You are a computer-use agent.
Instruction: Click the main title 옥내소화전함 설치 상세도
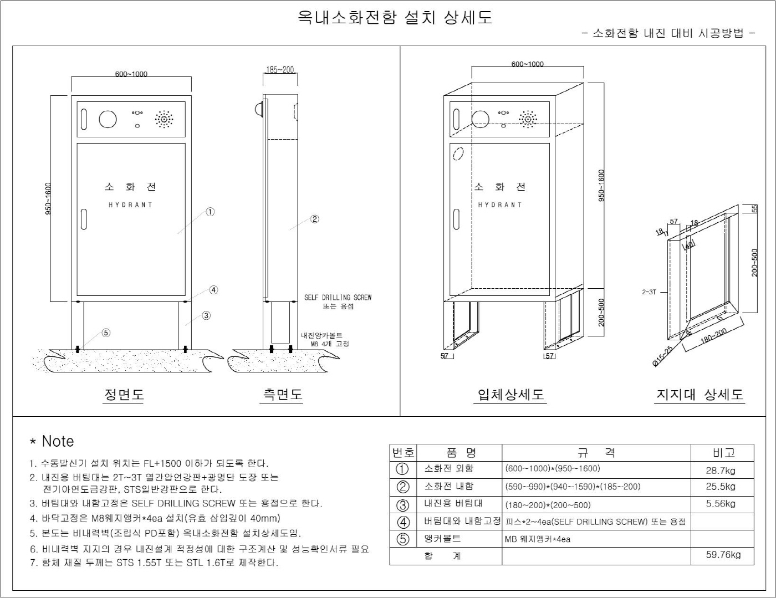click(x=395, y=17)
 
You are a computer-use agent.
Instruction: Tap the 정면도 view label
click(x=124, y=394)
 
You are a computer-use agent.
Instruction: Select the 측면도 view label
click(x=282, y=394)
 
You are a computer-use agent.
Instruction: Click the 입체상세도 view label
click(x=510, y=394)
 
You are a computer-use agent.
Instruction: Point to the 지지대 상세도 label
click(x=700, y=394)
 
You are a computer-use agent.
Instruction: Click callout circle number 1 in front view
click(x=210, y=212)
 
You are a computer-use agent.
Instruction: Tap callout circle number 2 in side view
click(x=314, y=219)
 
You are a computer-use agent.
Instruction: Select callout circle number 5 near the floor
click(x=106, y=333)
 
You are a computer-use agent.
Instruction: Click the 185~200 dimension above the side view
click(x=280, y=70)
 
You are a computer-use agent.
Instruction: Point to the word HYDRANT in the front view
click(x=130, y=205)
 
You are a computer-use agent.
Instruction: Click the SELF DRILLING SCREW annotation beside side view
click(x=338, y=298)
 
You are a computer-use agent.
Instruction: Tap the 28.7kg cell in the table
click(x=721, y=471)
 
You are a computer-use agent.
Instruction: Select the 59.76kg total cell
click(x=723, y=555)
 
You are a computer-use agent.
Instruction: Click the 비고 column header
click(x=723, y=453)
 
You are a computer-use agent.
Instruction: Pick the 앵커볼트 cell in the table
click(x=442, y=538)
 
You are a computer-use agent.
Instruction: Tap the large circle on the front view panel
click(x=108, y=119)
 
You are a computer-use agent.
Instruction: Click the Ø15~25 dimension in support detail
click(x=662, y=356)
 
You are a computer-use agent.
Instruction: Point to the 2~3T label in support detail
click(x=649, y=292)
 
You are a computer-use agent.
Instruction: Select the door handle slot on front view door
click(x=84, y=219)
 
